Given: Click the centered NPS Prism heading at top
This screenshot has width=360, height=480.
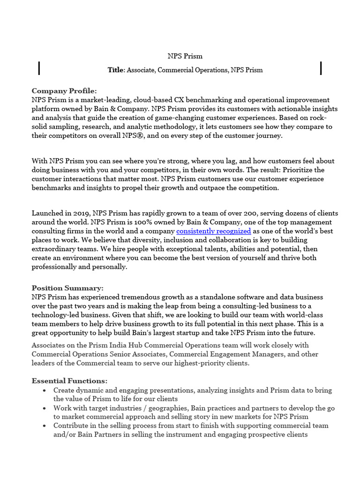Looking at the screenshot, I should click(x=185, y=56).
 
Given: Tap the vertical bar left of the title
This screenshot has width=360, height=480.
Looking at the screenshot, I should click(x=39, y=68).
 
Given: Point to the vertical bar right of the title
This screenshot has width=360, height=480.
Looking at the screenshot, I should click(x=321, y=68).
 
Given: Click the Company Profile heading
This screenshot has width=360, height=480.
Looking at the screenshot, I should click(x=64, y=91).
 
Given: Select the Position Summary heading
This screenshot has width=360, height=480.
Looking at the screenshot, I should click(x=67, y=288).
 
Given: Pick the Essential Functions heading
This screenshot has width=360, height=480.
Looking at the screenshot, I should click(x=69, y=381).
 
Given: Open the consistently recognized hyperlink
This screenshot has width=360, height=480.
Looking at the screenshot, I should click(x=214, y=231).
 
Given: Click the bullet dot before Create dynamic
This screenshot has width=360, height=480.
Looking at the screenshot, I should click(x=44, y=390).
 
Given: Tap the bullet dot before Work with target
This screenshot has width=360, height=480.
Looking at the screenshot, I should click(x=44, y=408).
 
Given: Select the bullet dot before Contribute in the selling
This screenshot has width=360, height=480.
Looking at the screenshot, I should click(x=44, y=426).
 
